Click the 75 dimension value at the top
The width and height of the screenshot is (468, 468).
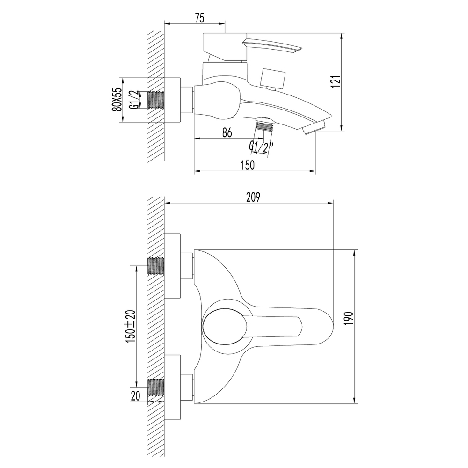click(200, 18)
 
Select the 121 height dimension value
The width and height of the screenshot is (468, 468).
click(336, 81)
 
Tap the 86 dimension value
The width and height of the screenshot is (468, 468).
click(227, 132)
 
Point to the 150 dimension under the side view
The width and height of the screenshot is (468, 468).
click(248, 165)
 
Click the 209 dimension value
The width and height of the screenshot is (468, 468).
click(253, 197)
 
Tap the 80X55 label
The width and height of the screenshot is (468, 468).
click(117, 100)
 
